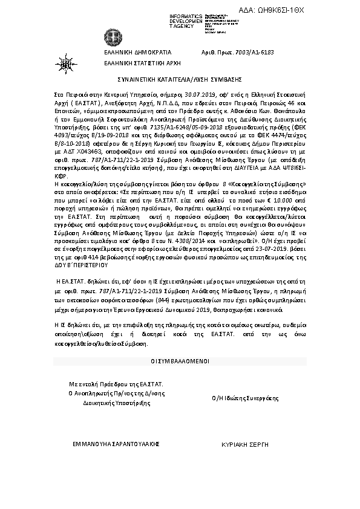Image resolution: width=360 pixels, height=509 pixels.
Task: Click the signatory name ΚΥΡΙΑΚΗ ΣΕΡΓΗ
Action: coord(245,443)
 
